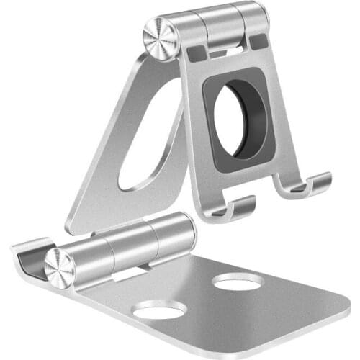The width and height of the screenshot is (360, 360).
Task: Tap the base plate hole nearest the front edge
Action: [x=159, y=310]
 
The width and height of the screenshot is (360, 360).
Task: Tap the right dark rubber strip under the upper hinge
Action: [x=258, y=42]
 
